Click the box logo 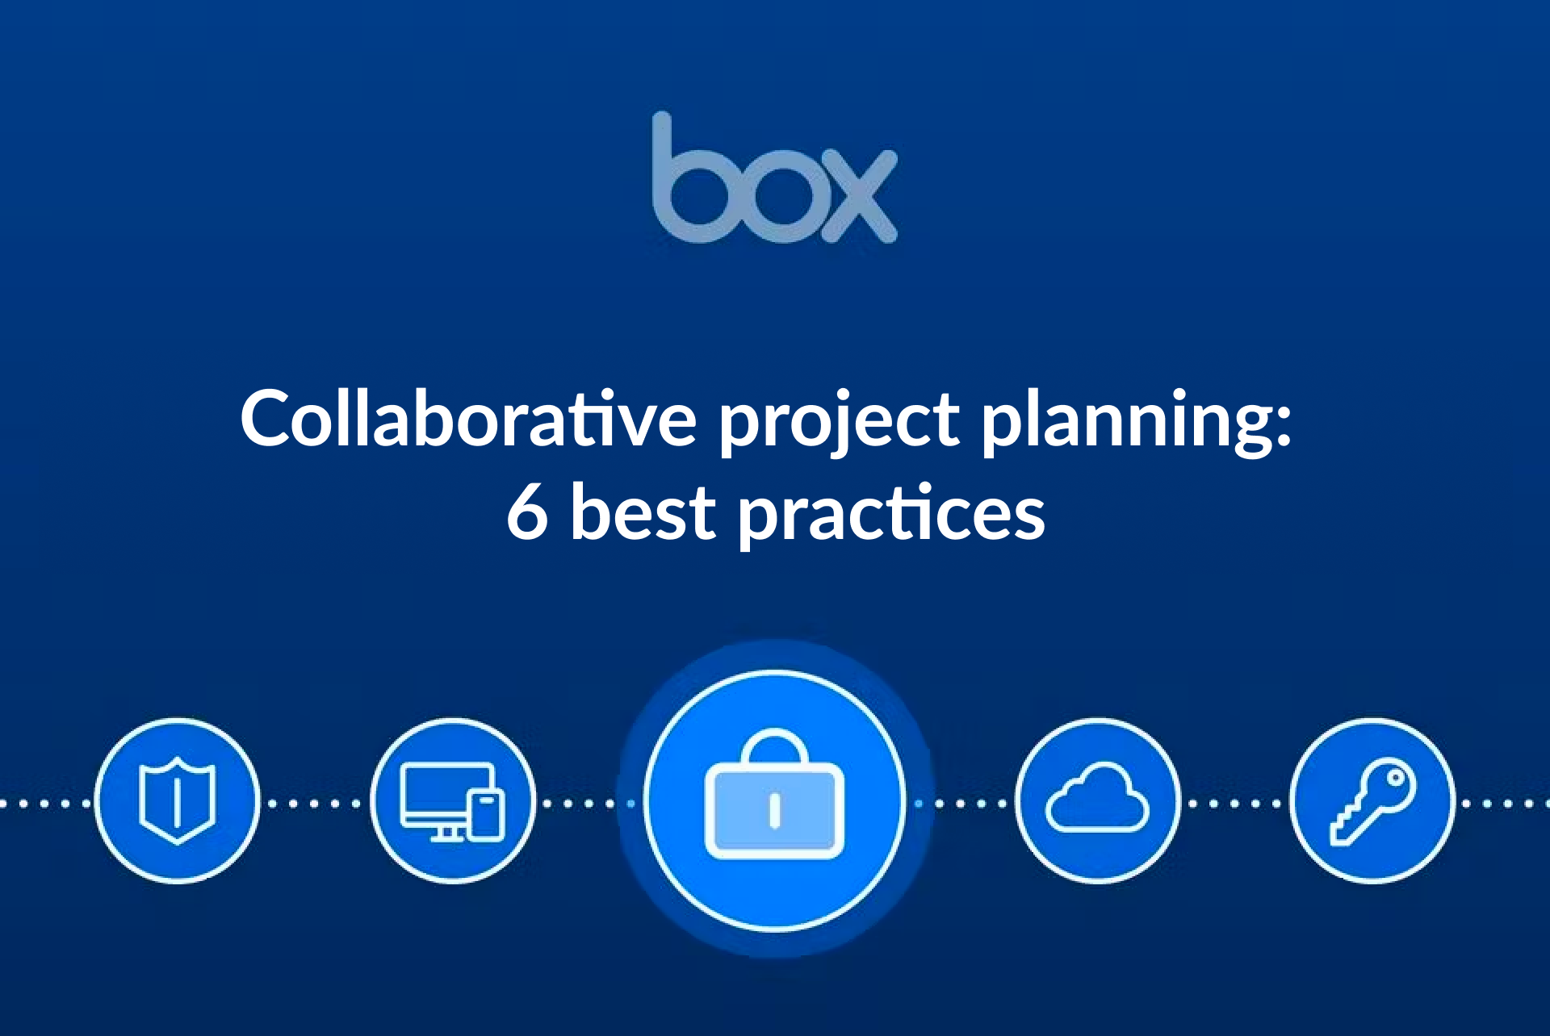[774, 178]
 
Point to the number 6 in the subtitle [527, 513]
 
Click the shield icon [178, 801]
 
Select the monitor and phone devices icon [452, 801]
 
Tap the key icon [1372, 801]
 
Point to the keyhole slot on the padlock [774, 811]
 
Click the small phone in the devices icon [487, 814]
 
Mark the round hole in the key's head [1394, 779]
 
